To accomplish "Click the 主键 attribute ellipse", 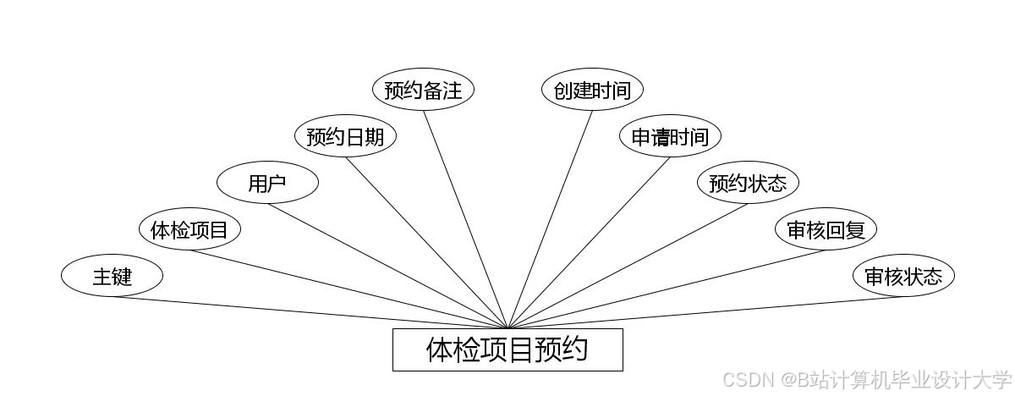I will point(112,276).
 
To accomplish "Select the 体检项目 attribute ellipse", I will point(189,229).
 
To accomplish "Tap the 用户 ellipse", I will point(267,184).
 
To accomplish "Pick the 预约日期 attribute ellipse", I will point(345,136).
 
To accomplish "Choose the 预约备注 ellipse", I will point(423,90).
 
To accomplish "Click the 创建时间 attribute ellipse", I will point(592,90).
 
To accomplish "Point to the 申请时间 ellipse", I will point(670,136).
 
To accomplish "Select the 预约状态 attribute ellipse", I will point(748,184).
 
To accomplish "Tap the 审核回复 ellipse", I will point(826,229).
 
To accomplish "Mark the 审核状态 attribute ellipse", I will point(903,276).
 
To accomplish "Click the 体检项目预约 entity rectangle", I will point(507,349).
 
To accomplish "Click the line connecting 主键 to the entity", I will point(310,312).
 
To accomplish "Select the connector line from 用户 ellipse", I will point(387,266).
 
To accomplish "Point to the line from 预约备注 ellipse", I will point(465,219).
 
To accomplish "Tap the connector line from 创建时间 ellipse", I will point(550,219).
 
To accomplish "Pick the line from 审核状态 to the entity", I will point(705,312).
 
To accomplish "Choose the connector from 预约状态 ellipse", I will point(628,266).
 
